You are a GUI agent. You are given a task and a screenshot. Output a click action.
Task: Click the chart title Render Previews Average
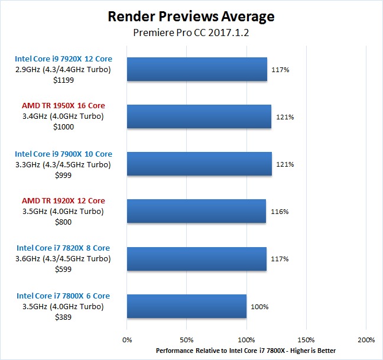tap(191, 16)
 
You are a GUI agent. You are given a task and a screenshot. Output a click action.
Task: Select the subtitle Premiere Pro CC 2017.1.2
tap(191, 33)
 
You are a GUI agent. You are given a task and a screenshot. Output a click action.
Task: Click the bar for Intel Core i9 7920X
tap(197, 69)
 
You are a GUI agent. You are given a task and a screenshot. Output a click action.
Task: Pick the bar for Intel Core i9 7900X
tap(199, 164)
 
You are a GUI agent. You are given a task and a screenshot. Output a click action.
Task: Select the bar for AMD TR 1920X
tap(196, 211)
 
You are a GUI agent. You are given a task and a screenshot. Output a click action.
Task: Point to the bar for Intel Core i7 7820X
tap(197, 258)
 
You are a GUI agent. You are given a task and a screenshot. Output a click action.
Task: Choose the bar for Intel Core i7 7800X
tap(187, 306)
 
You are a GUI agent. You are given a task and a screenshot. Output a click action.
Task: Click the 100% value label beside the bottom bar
tap(259, 307)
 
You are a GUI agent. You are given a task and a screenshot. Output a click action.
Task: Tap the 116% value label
tap(279, 212)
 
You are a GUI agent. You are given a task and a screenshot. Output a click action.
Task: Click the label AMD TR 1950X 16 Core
tap(63, 106)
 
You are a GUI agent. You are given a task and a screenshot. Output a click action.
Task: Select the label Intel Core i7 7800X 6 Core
tap(63, 296)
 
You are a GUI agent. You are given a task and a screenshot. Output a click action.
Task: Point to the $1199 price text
tap(63, 80)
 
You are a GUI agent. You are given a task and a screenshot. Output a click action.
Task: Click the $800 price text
tap(63, 222)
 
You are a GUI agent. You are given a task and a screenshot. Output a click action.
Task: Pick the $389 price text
tap(63, 317)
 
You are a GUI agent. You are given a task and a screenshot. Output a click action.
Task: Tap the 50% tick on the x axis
tap(186, 340)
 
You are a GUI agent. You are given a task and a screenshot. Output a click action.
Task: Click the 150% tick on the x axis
tap(306, 340)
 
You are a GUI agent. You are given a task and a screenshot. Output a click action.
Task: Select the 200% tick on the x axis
tap(365, 340)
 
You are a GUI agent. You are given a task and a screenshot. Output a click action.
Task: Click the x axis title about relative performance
tap(246, 351)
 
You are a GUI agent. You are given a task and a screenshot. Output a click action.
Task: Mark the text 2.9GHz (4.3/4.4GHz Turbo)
tap(63, 69)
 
